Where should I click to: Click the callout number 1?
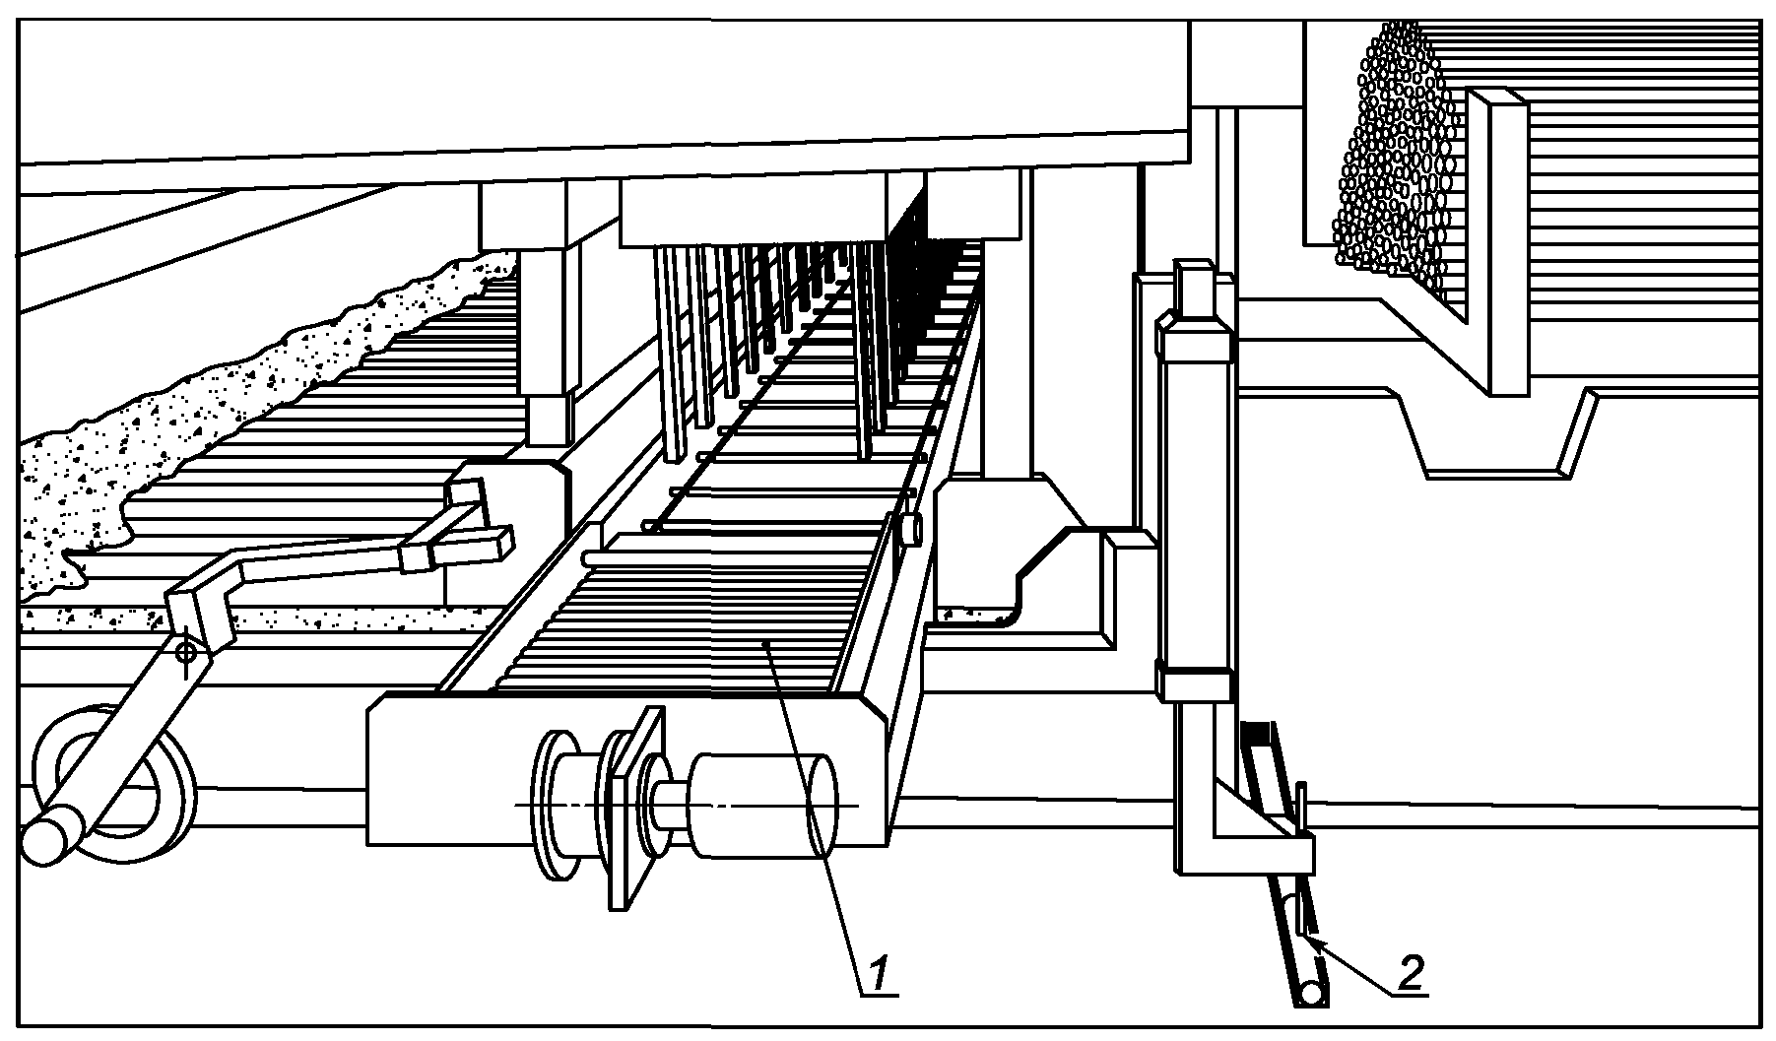pos(881,973)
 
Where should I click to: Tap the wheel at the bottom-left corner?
pos(113,783)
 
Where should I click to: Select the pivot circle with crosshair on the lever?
pos(184,651)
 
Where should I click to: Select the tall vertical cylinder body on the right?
pos(1194,492)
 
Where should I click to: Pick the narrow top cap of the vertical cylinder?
pos(1193,285)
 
